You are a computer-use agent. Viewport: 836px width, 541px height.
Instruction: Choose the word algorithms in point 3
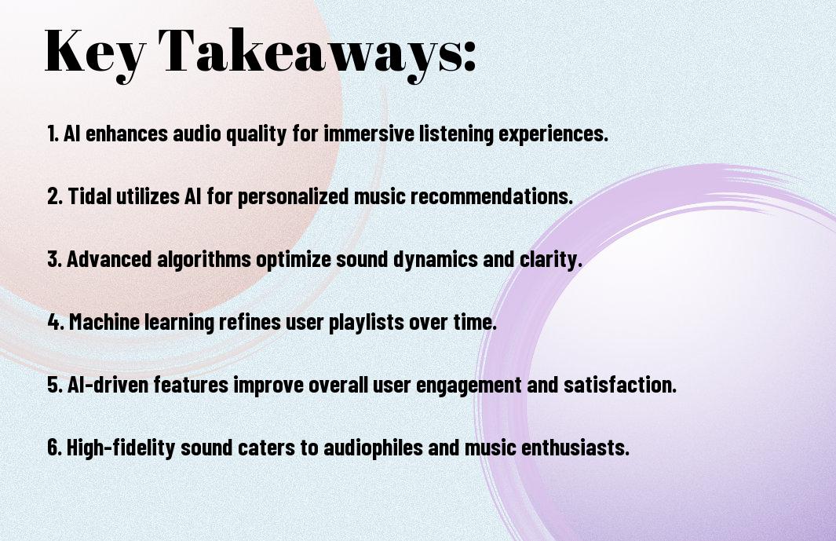203,260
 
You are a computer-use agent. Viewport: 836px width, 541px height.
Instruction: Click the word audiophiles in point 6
373,448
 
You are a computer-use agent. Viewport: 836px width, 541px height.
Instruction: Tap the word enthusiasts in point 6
575,448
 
